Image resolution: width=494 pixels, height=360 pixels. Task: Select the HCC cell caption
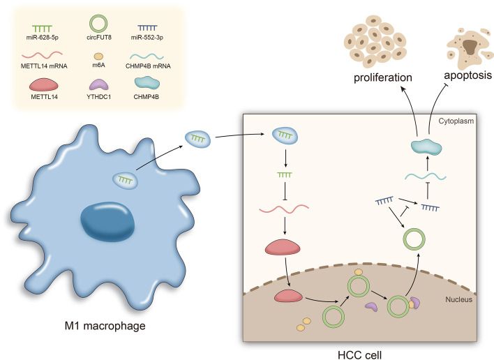pyautogui.click(x=357, y=351)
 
